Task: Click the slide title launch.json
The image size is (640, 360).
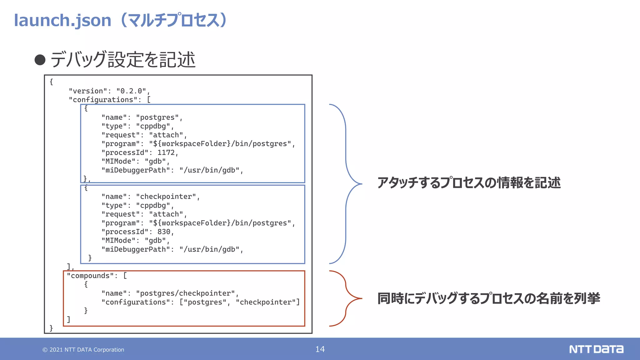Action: coord(62,20)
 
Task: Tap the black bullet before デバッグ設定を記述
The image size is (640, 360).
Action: coord(40,60)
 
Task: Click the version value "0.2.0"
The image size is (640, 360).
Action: coord(131,91)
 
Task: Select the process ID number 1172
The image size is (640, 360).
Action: coord(166,152)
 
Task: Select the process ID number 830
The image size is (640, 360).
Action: coord(164,232)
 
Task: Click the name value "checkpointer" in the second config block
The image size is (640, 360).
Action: coord(166,197)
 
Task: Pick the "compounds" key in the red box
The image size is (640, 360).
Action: coord(90,276)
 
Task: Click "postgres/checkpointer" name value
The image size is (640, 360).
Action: coord(185,293)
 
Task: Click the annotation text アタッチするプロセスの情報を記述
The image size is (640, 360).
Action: coord(469,183)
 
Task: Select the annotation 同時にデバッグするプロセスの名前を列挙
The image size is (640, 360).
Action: coord(488,298)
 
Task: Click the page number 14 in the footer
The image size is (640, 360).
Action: coord(320,349)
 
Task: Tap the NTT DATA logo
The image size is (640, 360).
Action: coord(596,349)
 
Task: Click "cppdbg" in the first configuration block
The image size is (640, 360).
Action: coord(153,126)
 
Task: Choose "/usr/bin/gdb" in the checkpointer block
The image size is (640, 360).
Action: coord(209,249)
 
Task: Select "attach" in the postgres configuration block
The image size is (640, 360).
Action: coord(166,135)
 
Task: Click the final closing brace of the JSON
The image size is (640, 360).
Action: coord(51,328)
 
